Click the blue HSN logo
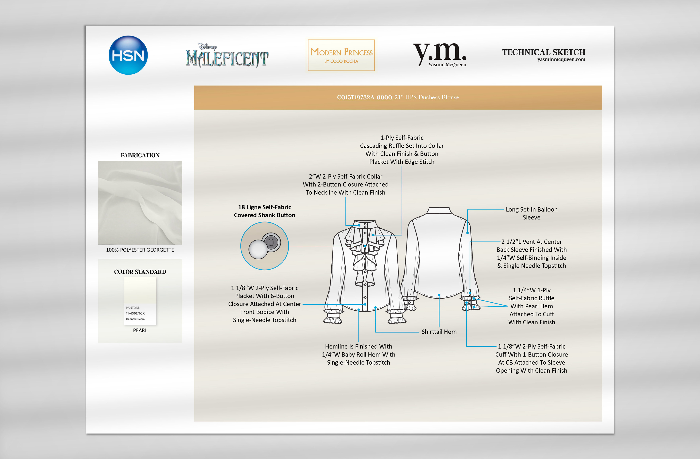pyautogui.click(x=128, y=55)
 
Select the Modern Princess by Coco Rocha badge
pyautogui.click(x=341, y=55)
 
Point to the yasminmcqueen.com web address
pyautogui.click(x=561, y=59)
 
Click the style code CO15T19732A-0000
pyautogui.click(x=364, y=97)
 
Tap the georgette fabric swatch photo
pyautogui.click(x=140, y=202)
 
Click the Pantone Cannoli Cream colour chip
pyautogui.click(x=140, y=301)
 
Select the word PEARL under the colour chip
pyautogui.click(x=140, y=330)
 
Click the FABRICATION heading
pyautogui.click(x=140, y=155)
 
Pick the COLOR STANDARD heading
pyautogui.click(x=140, y=272)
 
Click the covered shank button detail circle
pyautogui.click(x=264, y=246)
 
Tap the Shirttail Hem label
pyautogui.click(x=439, y=332)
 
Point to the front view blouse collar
pyautogui.click(x=365, y=225)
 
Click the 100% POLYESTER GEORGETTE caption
pyautogui.click(x=140, y=250)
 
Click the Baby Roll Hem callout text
pyautogui.click(x=359, y=355)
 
